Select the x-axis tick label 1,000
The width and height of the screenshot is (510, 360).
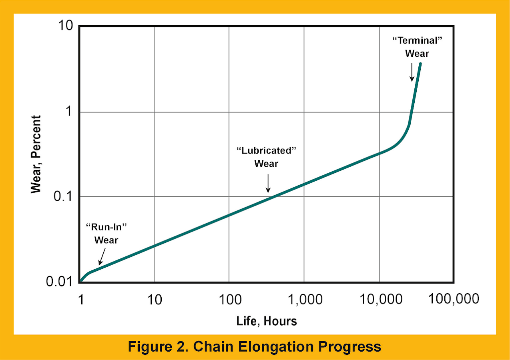(304, 299)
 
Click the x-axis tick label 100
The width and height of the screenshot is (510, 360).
(229, 299)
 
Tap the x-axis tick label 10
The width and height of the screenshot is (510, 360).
(154, 299)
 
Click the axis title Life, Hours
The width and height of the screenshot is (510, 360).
(267, 321)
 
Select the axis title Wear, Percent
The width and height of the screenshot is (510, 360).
(36, 154)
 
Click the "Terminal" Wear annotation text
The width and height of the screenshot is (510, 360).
(417, 47)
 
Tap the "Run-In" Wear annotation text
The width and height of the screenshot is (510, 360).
(106, 233)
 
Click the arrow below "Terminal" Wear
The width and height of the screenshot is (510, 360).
(412, 72)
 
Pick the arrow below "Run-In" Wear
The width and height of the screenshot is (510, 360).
(102, 256)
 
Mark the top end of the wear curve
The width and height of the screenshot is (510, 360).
(420, 64)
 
